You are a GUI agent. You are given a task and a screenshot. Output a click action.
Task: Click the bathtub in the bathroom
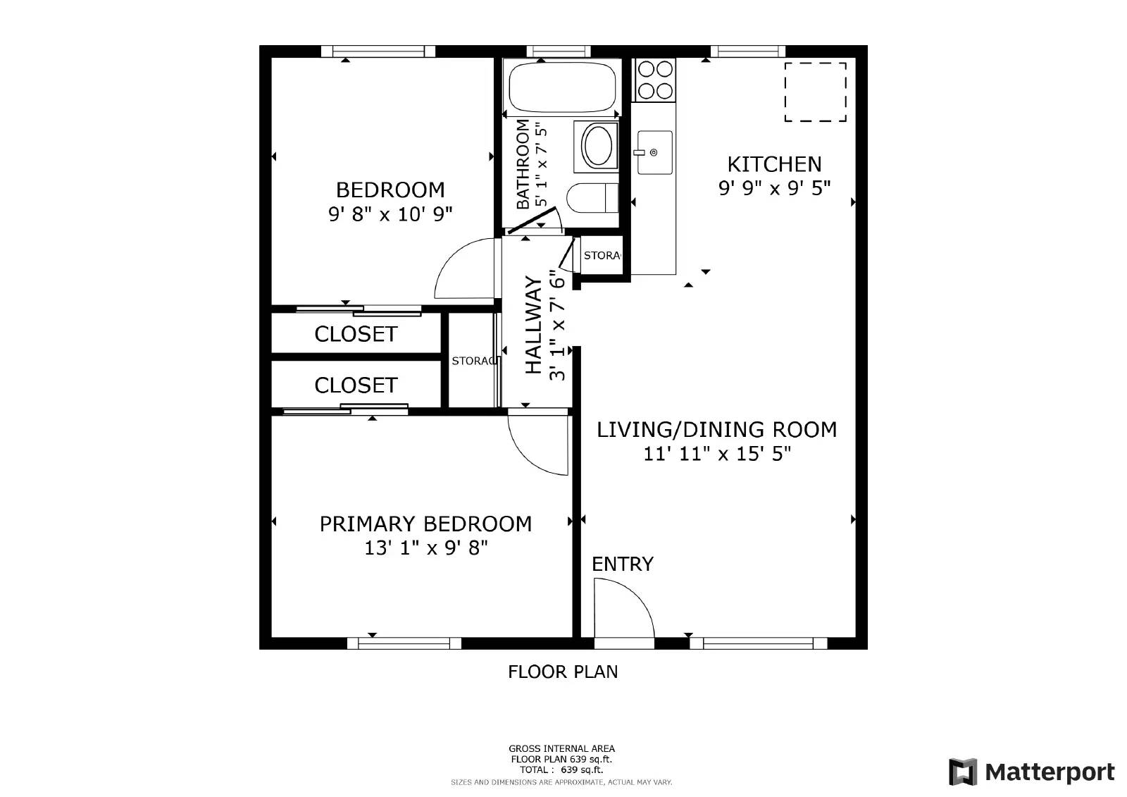(x=561, y=87)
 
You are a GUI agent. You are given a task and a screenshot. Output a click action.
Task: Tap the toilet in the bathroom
(x=592, y=198)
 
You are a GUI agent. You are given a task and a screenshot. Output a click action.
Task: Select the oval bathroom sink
(x=597, y=146)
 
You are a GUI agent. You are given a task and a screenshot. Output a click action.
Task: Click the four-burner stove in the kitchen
(x=655, y=80)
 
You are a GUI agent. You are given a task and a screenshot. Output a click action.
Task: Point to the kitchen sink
(x=654, y=152)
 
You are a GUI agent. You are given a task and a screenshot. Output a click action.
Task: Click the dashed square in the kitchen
(x=815, y=92)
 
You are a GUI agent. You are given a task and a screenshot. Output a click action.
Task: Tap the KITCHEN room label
(x=774, y=164)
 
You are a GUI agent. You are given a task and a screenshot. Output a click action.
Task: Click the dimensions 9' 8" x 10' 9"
(x=390, y=214)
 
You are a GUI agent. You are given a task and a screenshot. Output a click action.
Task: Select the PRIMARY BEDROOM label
(x=425, y=524)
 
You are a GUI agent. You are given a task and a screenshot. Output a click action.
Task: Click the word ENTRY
(x=623, y=564)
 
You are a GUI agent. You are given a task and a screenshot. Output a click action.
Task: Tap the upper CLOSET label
(x=356, y=334)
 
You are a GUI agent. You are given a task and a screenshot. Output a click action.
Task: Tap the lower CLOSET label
(x=356, y=385)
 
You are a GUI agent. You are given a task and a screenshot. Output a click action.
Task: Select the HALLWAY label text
(x=534, y=325)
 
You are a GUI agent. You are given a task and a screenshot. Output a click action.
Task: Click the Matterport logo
(x=1031, y=772)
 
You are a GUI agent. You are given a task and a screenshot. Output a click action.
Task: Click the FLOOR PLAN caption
(x=563, y=672)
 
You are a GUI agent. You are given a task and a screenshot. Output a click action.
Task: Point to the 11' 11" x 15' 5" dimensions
(x=717, y=453)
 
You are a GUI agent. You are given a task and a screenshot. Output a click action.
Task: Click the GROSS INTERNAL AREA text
(x=561, y=748)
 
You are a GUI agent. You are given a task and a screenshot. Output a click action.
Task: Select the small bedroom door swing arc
(x=461, y=271)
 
